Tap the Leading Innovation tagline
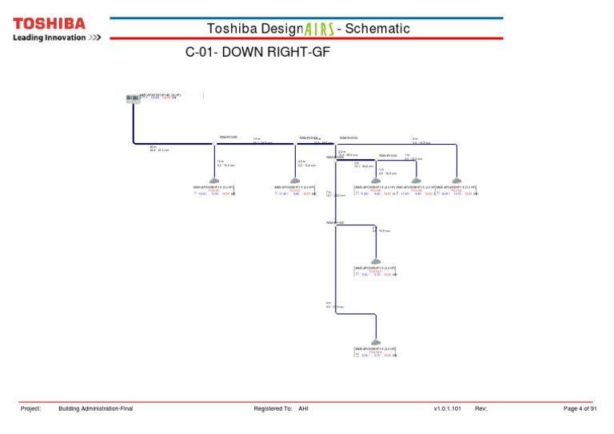point(49,38)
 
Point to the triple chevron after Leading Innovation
point(94,38)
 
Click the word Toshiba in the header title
point(232,29)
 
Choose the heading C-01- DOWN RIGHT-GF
point(257,54)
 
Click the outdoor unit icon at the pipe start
point(133,99)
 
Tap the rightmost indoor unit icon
point(457,181)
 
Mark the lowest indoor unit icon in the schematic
point(376,342)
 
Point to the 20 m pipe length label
point(153,147)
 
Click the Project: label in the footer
point(30,408)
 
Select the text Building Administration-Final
point(96,408)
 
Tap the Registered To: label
point(273,408)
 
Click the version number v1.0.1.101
point(448,408)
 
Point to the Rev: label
point(480,408)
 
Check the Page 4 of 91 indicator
point(580,408)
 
